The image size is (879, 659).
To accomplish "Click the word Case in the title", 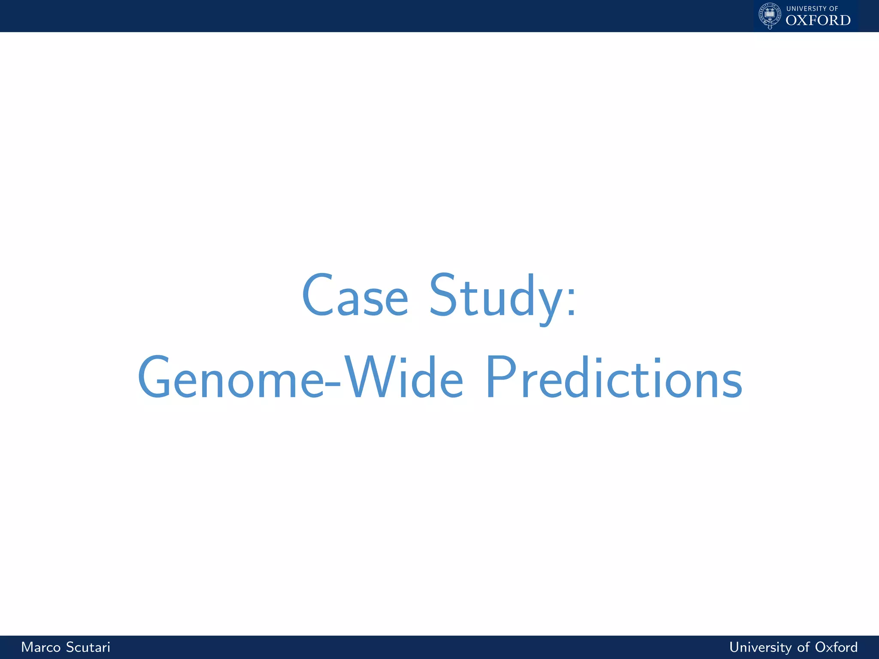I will [355, 296].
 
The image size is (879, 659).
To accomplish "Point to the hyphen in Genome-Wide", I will [333, 384].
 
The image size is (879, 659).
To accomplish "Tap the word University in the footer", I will [760, 647].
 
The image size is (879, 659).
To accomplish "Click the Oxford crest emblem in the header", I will [770, 15].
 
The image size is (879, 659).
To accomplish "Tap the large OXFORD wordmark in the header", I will [818, 20].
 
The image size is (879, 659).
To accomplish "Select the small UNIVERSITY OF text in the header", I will [812, 9].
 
